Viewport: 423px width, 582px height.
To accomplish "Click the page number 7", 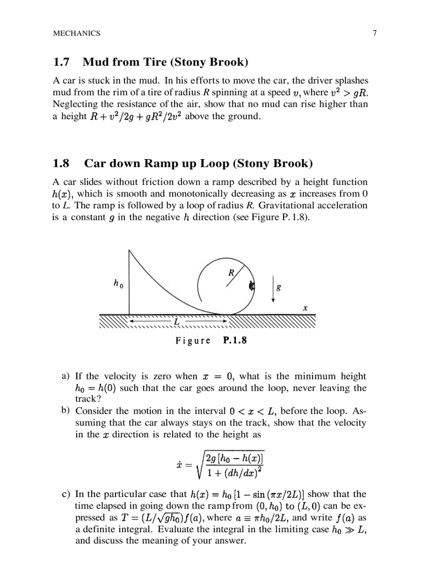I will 374,33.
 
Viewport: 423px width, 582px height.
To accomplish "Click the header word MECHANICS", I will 77,33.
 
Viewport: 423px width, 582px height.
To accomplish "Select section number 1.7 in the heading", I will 61,63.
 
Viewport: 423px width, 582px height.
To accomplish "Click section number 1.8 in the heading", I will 61,164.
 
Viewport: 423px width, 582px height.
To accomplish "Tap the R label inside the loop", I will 232,273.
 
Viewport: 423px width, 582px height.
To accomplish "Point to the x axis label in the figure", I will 305,308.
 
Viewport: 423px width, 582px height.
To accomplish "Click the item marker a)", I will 66,376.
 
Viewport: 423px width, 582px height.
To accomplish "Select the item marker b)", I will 66,410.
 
